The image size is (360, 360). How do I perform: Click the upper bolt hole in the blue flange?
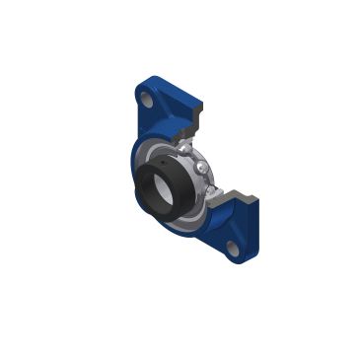pyautogui.click(x=146, y=101)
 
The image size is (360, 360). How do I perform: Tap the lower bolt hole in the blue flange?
pyautogui.click(x=236, y=249)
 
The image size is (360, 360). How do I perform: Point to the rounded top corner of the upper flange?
pyautogui.click(x=139, y=83)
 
